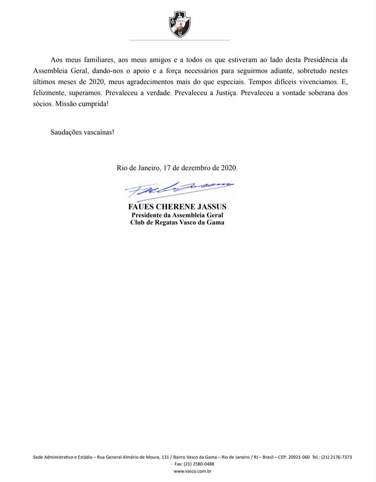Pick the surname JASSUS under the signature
(211, 207)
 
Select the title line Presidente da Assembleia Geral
(177, 215)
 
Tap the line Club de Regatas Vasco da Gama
(177, 223)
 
